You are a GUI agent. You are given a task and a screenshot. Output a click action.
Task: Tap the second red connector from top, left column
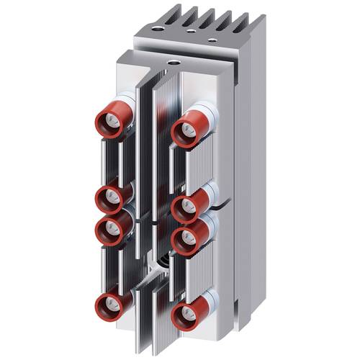112,196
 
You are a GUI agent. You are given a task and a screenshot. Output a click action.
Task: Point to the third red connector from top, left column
112,228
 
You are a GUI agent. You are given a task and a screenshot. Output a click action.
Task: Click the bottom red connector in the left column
112,305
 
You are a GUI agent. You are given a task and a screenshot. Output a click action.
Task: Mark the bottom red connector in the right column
188,315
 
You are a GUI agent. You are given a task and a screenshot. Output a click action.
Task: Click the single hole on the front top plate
174,63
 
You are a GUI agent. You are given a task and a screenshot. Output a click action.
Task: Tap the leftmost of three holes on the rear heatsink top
158,30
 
